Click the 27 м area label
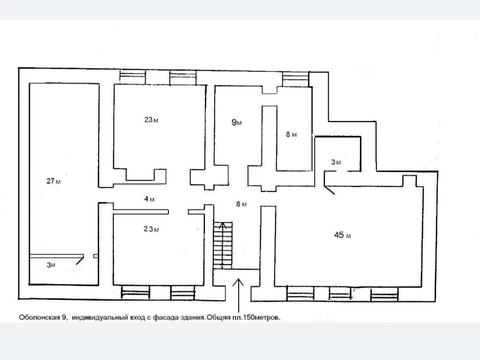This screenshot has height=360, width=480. tap(53, 181)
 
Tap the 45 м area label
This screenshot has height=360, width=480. tap(342, 235)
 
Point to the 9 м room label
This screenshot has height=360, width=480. tap(237, 123)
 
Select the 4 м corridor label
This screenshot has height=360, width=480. tap(149, 199)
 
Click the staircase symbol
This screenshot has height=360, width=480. tap(223, 245)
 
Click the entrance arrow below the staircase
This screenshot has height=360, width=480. tap(238, 295)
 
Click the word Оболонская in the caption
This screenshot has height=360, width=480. tap(39, 317)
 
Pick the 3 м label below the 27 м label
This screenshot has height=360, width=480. tap(51, 265)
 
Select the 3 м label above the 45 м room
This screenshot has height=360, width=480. tap(336, 162)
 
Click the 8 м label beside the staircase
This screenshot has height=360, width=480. tap(241, 204)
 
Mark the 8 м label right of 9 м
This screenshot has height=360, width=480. tap(291, 134)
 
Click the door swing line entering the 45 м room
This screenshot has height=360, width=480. tap(330, 189)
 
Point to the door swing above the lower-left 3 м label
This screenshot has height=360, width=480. tap(80, 260)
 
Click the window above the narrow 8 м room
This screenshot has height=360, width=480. tap(295, 79)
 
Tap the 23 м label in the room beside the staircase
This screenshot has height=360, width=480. tap(151, 229)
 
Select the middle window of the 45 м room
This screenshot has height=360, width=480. tap(340, 294)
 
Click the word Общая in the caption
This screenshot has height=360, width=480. tap(218, 317)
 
